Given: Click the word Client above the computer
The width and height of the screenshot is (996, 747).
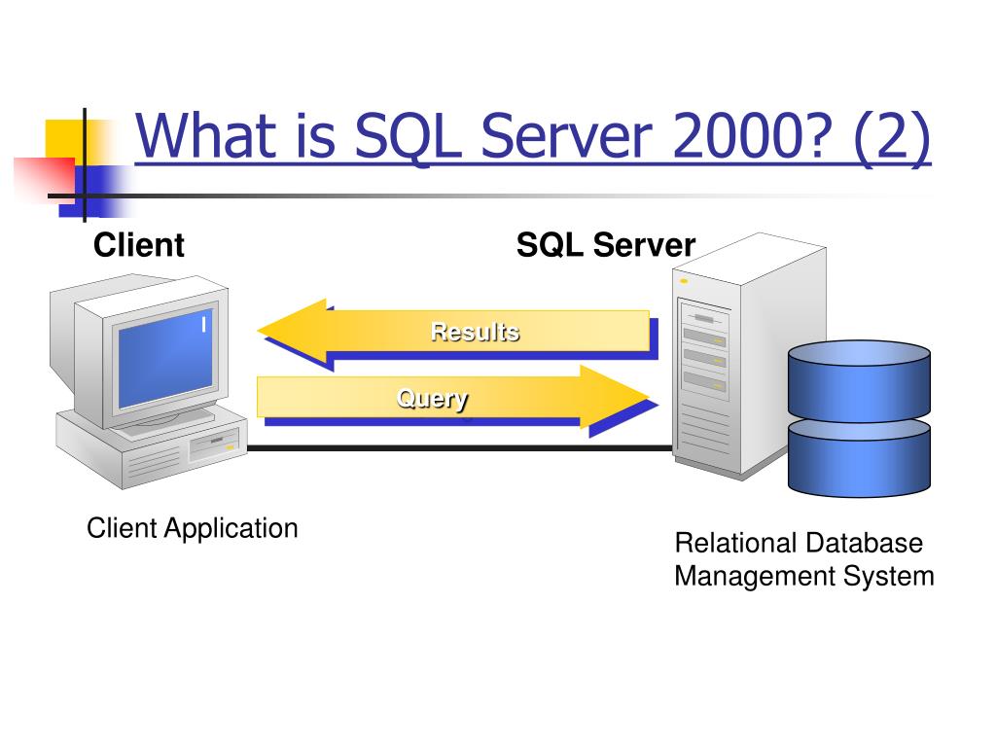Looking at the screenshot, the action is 138,245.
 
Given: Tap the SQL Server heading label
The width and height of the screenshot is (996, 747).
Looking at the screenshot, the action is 605,245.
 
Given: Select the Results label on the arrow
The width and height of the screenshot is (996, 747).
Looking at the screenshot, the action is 475,332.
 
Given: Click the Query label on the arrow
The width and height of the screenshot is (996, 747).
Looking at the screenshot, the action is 432,398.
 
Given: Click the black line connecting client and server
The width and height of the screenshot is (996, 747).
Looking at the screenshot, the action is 457,448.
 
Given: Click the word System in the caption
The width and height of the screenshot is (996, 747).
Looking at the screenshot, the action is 888,576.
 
